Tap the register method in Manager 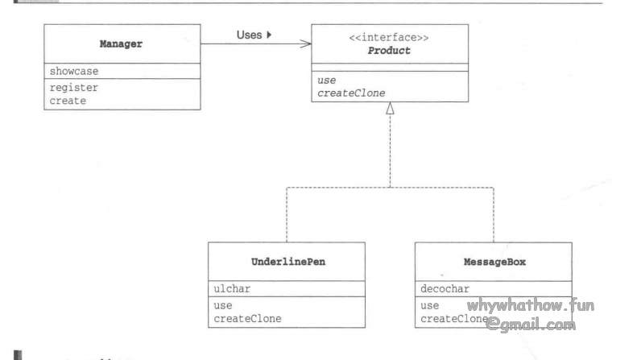pyautogui.click(x=73, y=88)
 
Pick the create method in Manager pyautogui.click(x=68, y=101)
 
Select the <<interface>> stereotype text pyautogui.click(x=390, y=36)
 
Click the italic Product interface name pyautogui.click(x=390, y=50)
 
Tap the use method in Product pyautogui.click(x=326, y=81)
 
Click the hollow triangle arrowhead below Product pyautogui.click(x=391, y=110)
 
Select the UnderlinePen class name pyautogui.click(x=286, y=263)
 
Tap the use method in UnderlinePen pyautogui.click(x=223, y=305)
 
